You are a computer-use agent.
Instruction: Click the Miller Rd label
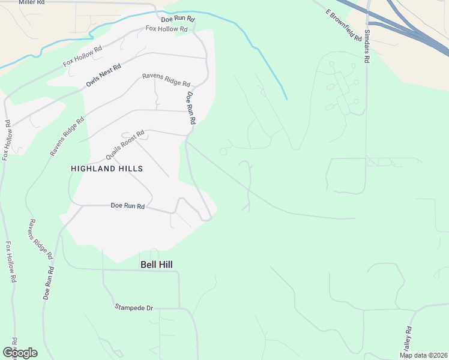31,2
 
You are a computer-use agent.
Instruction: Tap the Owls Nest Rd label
104,74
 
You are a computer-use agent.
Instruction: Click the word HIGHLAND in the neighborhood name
92,169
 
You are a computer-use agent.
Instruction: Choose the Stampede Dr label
134,308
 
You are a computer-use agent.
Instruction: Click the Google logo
20,353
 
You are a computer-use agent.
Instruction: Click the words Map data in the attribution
413,355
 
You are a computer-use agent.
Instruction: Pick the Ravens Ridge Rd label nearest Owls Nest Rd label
166,79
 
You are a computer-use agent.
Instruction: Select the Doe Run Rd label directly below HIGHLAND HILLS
128,206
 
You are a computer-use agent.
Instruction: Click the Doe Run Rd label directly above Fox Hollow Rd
178,19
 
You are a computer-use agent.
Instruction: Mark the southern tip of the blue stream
286,98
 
